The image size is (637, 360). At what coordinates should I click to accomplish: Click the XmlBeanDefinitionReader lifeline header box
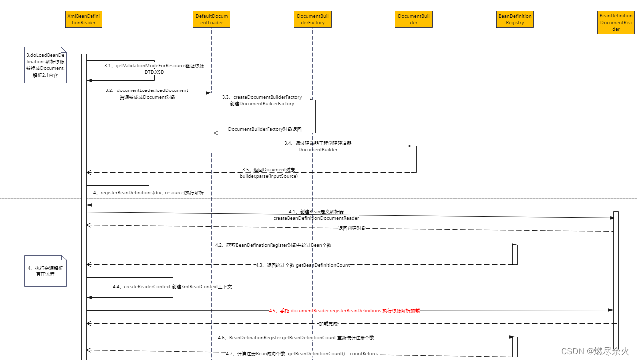click(84, 20)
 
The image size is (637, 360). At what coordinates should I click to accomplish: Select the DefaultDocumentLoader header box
click(211, 20)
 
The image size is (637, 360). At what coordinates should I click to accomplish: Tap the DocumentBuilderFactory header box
click(312, 20)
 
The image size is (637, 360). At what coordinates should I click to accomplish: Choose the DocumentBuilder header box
click(414, 20)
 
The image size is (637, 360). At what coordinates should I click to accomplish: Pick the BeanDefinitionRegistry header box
click(515, 20)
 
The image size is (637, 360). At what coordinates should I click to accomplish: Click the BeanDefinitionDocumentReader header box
click(616, 23)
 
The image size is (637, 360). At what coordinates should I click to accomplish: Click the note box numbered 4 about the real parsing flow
click(45, 271)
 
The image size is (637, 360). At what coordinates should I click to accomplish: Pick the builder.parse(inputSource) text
click(269, 176)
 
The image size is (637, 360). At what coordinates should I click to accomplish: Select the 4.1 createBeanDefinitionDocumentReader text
click(316, 218)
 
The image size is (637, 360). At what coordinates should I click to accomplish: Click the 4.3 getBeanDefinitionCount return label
click(302, 265)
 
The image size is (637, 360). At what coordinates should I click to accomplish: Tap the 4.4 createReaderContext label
click(173, 287)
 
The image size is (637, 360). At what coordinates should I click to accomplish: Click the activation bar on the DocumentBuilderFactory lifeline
click(313, 116)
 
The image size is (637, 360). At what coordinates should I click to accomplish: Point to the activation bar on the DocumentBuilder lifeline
click(413, 159)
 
